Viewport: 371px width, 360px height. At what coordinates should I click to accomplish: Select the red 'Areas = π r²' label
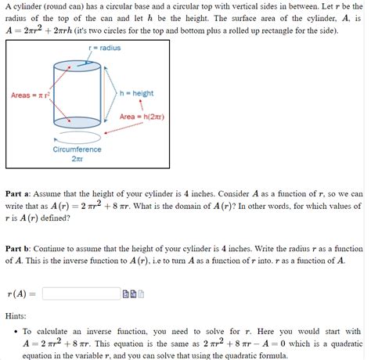31,95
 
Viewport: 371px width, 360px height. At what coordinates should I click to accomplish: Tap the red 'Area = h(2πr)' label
142,117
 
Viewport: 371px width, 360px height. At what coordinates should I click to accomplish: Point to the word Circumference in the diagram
77,149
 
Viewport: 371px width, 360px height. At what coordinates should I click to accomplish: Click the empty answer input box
81,293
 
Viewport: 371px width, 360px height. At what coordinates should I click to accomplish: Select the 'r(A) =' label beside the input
20,294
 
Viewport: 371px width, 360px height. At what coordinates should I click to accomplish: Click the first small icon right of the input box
125,294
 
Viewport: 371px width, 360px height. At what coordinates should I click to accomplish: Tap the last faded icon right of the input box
142,294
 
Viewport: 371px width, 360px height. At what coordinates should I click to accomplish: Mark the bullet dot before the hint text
16,332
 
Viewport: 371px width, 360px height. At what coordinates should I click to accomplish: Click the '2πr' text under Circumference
77,159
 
